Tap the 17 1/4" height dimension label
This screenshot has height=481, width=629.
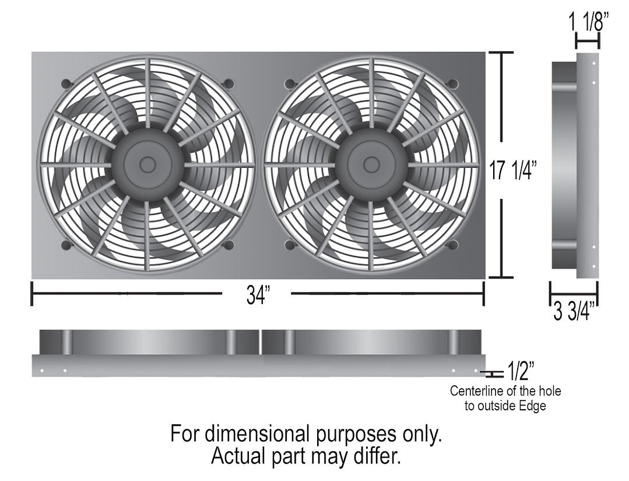(x=514, y=172)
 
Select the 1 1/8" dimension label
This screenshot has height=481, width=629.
(x=589, y=23)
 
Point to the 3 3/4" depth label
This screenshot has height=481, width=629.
(x=574, y=312)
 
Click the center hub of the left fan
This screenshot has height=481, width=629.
(x=147, y=164)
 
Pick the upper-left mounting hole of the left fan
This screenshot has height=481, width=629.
(x=66, y=83)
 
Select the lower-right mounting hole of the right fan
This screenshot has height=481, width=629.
(x=451, y=245)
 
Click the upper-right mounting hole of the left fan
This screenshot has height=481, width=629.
(x=229, y=83)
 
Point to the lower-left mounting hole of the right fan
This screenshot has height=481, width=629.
(x=289, y=245)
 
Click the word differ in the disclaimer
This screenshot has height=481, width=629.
(x=381, y=455)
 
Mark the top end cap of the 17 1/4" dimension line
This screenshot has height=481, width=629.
(x=500, y=53)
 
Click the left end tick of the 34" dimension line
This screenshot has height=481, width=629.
(x=31, y=294)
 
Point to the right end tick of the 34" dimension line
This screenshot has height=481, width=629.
(x=483, y=294)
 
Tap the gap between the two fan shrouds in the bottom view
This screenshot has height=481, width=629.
(x=260, y=342)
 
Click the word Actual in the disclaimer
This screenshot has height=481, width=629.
(x=238, y=455)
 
